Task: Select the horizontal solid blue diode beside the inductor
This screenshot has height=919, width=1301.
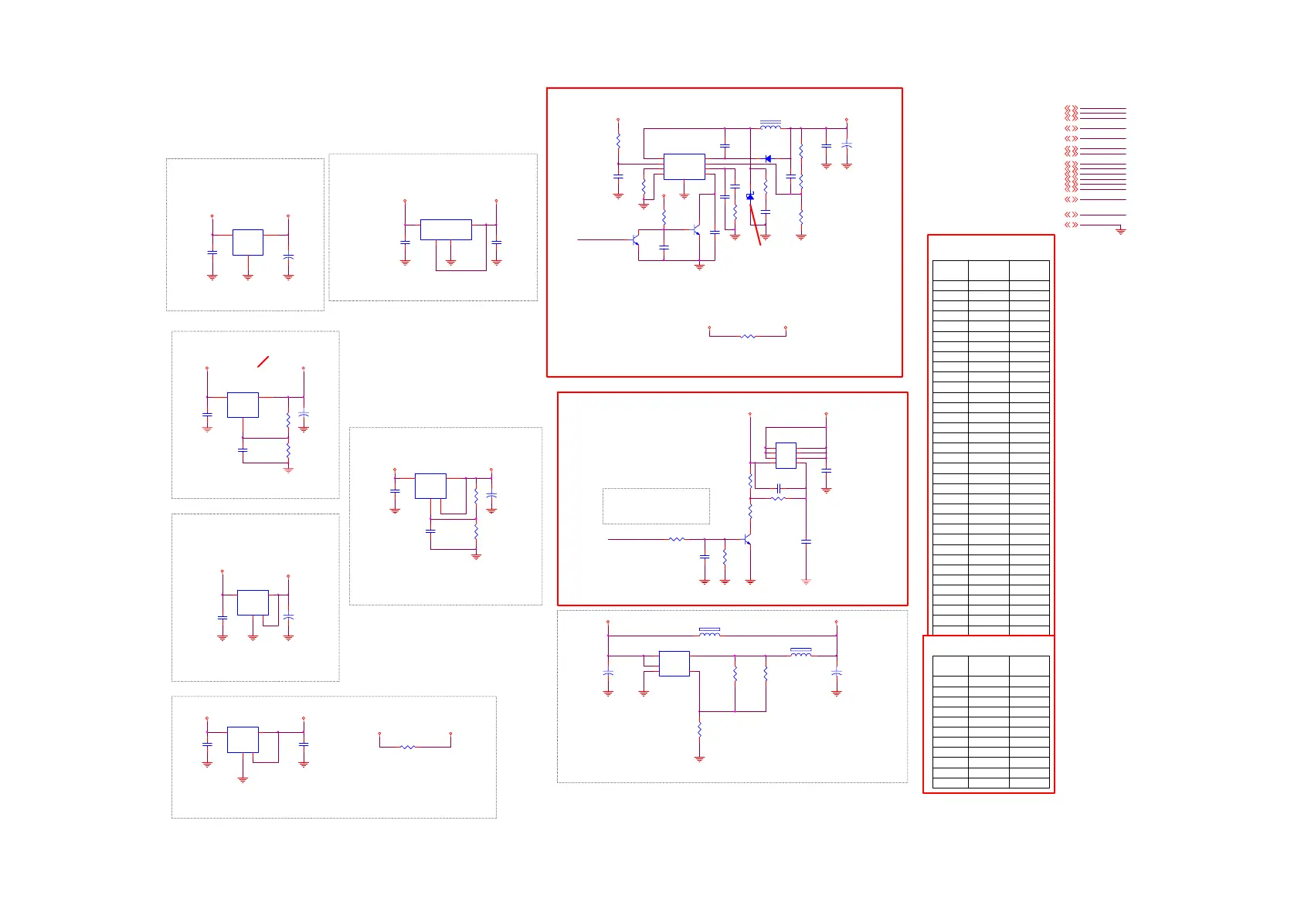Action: pos(768,159)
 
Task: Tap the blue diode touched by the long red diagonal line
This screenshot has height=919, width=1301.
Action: pos(750,197)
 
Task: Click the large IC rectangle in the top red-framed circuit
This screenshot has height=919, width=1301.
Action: pos(684,167)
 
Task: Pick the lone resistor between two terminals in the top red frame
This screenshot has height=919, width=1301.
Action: pos(747,337)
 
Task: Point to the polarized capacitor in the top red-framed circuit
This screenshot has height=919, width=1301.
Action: pos(847,144)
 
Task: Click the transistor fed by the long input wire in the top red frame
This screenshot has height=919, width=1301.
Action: pos(635,240)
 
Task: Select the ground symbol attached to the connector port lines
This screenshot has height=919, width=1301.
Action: pos(1120,230)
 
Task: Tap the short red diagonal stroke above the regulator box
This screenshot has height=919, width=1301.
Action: pos(263,361)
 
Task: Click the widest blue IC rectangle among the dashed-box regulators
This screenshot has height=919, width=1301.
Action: pos(446,229)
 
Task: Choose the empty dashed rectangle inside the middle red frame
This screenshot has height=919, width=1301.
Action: pos(656,506)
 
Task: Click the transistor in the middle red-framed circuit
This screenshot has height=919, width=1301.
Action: pos(747,540)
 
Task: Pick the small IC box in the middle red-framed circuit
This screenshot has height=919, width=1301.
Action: pos(786,456)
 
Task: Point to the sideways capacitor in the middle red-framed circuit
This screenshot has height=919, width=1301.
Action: pos(779,488)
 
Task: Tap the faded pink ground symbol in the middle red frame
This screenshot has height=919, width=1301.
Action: pos(806,582)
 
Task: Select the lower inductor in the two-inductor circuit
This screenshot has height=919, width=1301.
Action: pos(800,653)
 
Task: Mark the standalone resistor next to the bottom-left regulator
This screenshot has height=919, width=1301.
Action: pos(408,747)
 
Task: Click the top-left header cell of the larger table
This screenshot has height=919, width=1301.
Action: pos(950,270)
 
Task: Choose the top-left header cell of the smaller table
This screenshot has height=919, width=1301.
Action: pos(950,666)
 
